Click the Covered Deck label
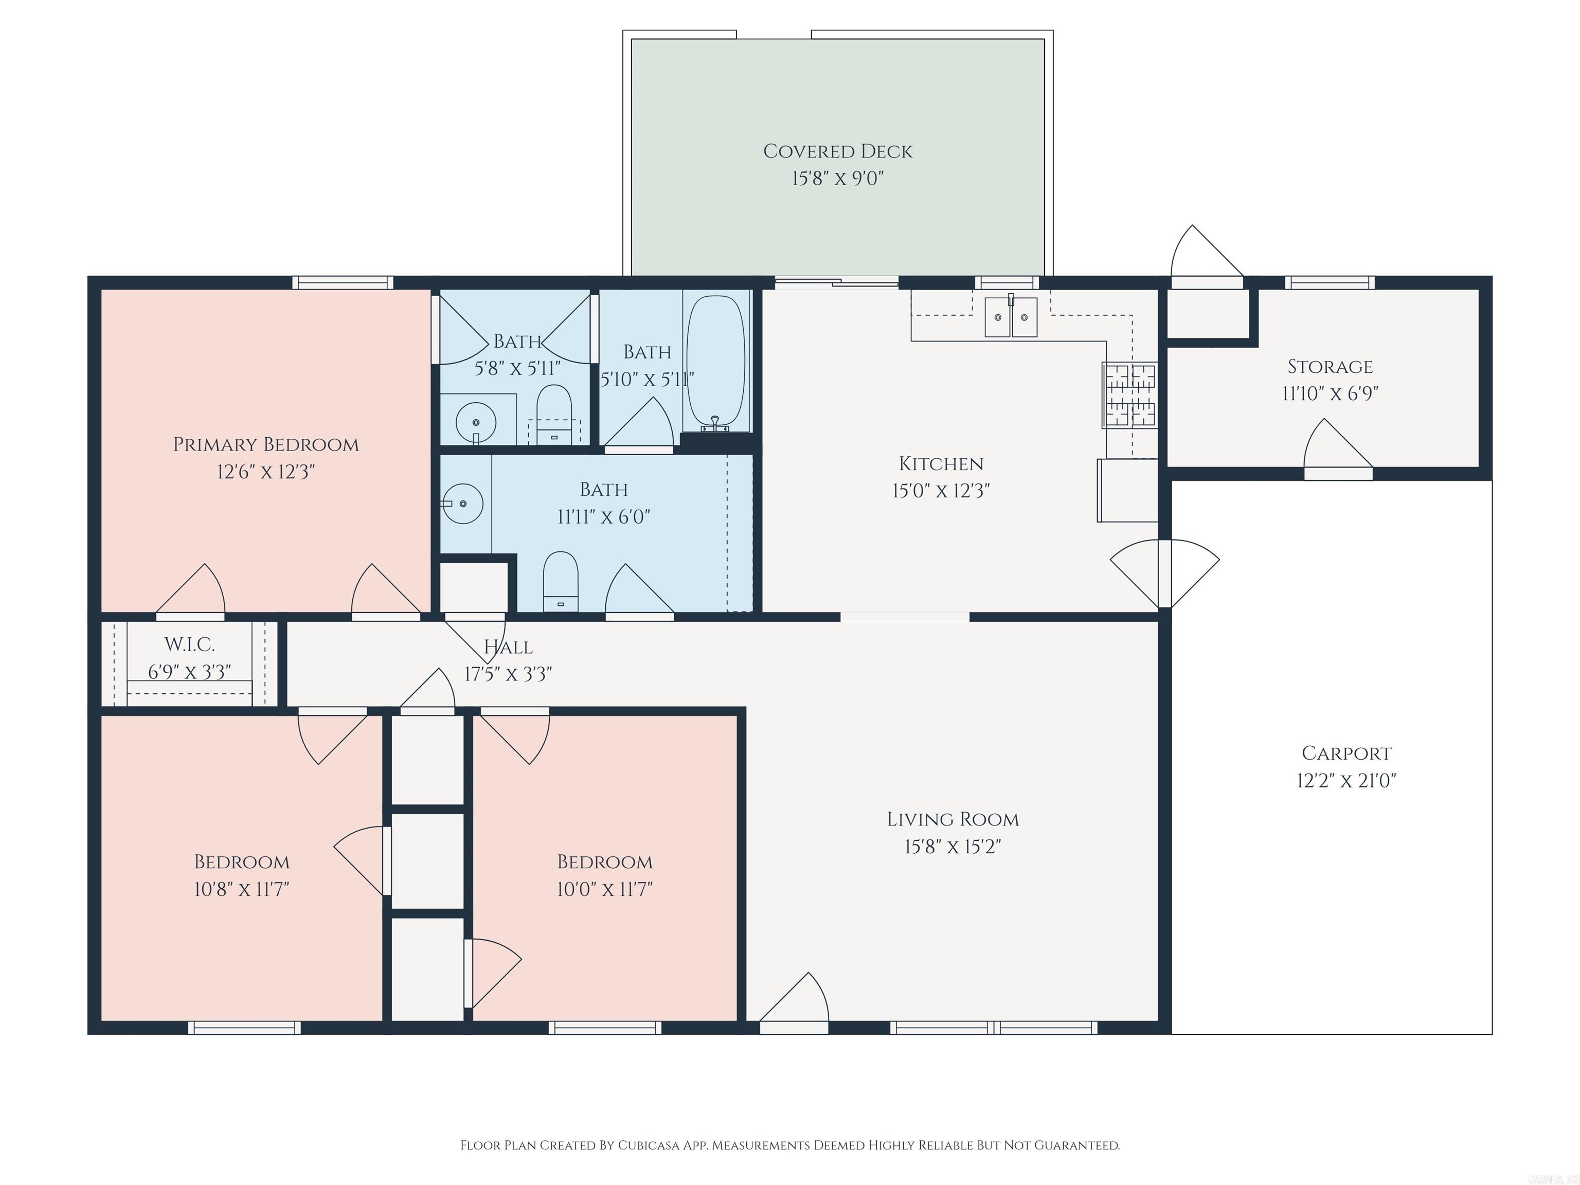click(x=837, y=151)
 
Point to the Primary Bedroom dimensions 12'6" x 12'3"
click(x=266, y=472)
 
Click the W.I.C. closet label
click(x=189, y=644)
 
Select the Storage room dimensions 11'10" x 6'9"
click(x=1330, y=393)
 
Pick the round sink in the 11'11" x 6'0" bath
click(x=463, y=504)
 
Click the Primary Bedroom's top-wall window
click(x=343, y=283)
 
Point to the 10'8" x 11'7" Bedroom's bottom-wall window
click(x=244, y=1028)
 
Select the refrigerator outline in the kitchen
click(x=1127, y=490)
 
